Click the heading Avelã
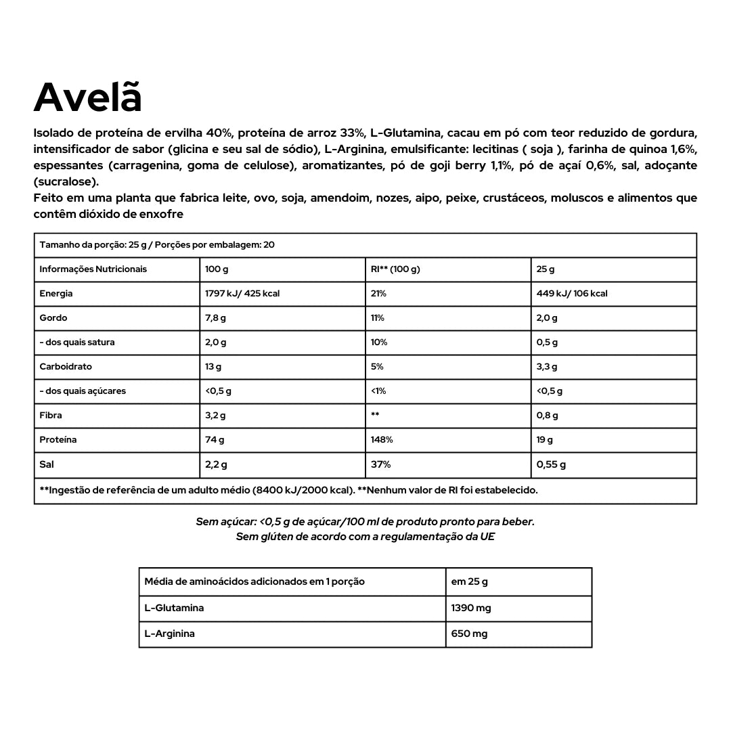88,98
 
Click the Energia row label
56,294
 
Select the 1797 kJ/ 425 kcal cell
242,294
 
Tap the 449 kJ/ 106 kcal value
572,294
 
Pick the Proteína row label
58,440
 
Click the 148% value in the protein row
382,440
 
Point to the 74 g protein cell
215,440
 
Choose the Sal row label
47,465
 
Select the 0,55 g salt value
551,465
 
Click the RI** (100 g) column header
395,269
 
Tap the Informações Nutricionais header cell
93,269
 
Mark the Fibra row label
51,416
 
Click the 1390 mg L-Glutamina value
471,608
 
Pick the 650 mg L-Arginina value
469,634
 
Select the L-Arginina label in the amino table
170,634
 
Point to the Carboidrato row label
66,367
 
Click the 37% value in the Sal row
380,465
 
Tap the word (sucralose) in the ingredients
66,182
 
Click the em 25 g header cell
469,581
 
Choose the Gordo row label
53,318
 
